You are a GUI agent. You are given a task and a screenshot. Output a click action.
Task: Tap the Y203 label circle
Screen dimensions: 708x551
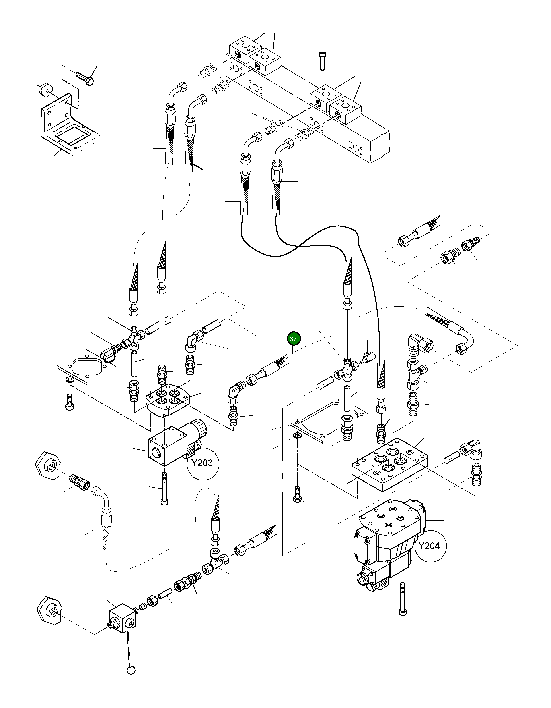(203, 463)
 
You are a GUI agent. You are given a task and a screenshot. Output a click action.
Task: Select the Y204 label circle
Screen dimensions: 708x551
(430, 546)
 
